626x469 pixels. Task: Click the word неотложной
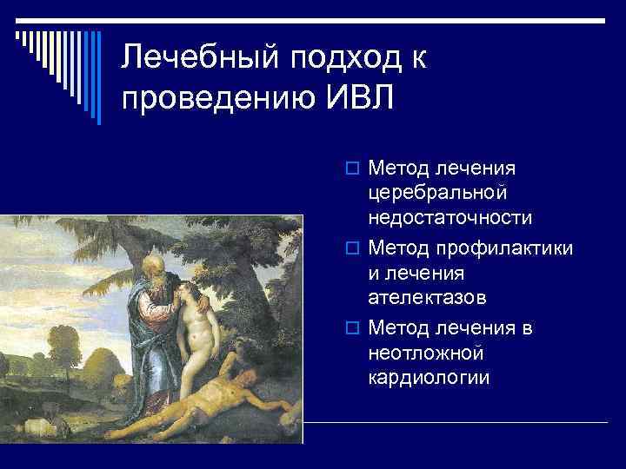(426, 353)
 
